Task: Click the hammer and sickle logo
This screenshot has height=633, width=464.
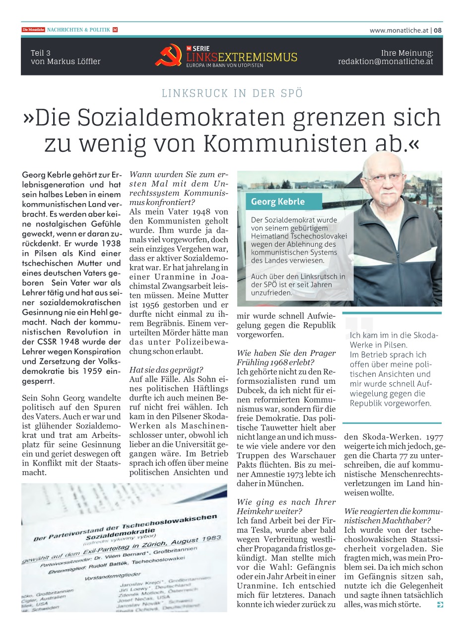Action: [x=169, y=55]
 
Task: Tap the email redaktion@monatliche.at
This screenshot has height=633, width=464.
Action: [x=386, y=62]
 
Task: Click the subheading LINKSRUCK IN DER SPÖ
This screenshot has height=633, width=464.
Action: [x=232, y=93]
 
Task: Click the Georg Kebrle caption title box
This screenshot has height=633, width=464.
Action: [x=278, y=202]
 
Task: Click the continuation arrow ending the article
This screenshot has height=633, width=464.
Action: [x=439, y=604]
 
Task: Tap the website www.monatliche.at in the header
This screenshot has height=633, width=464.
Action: [x=398, y=30]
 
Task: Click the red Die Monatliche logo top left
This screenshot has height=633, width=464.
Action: [x=33, y=30]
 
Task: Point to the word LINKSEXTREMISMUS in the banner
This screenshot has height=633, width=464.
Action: [x=242, y=58]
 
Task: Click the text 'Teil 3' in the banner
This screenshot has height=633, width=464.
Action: [x=41, y=53]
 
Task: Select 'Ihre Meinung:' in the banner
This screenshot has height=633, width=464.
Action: [x=407, y=53]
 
